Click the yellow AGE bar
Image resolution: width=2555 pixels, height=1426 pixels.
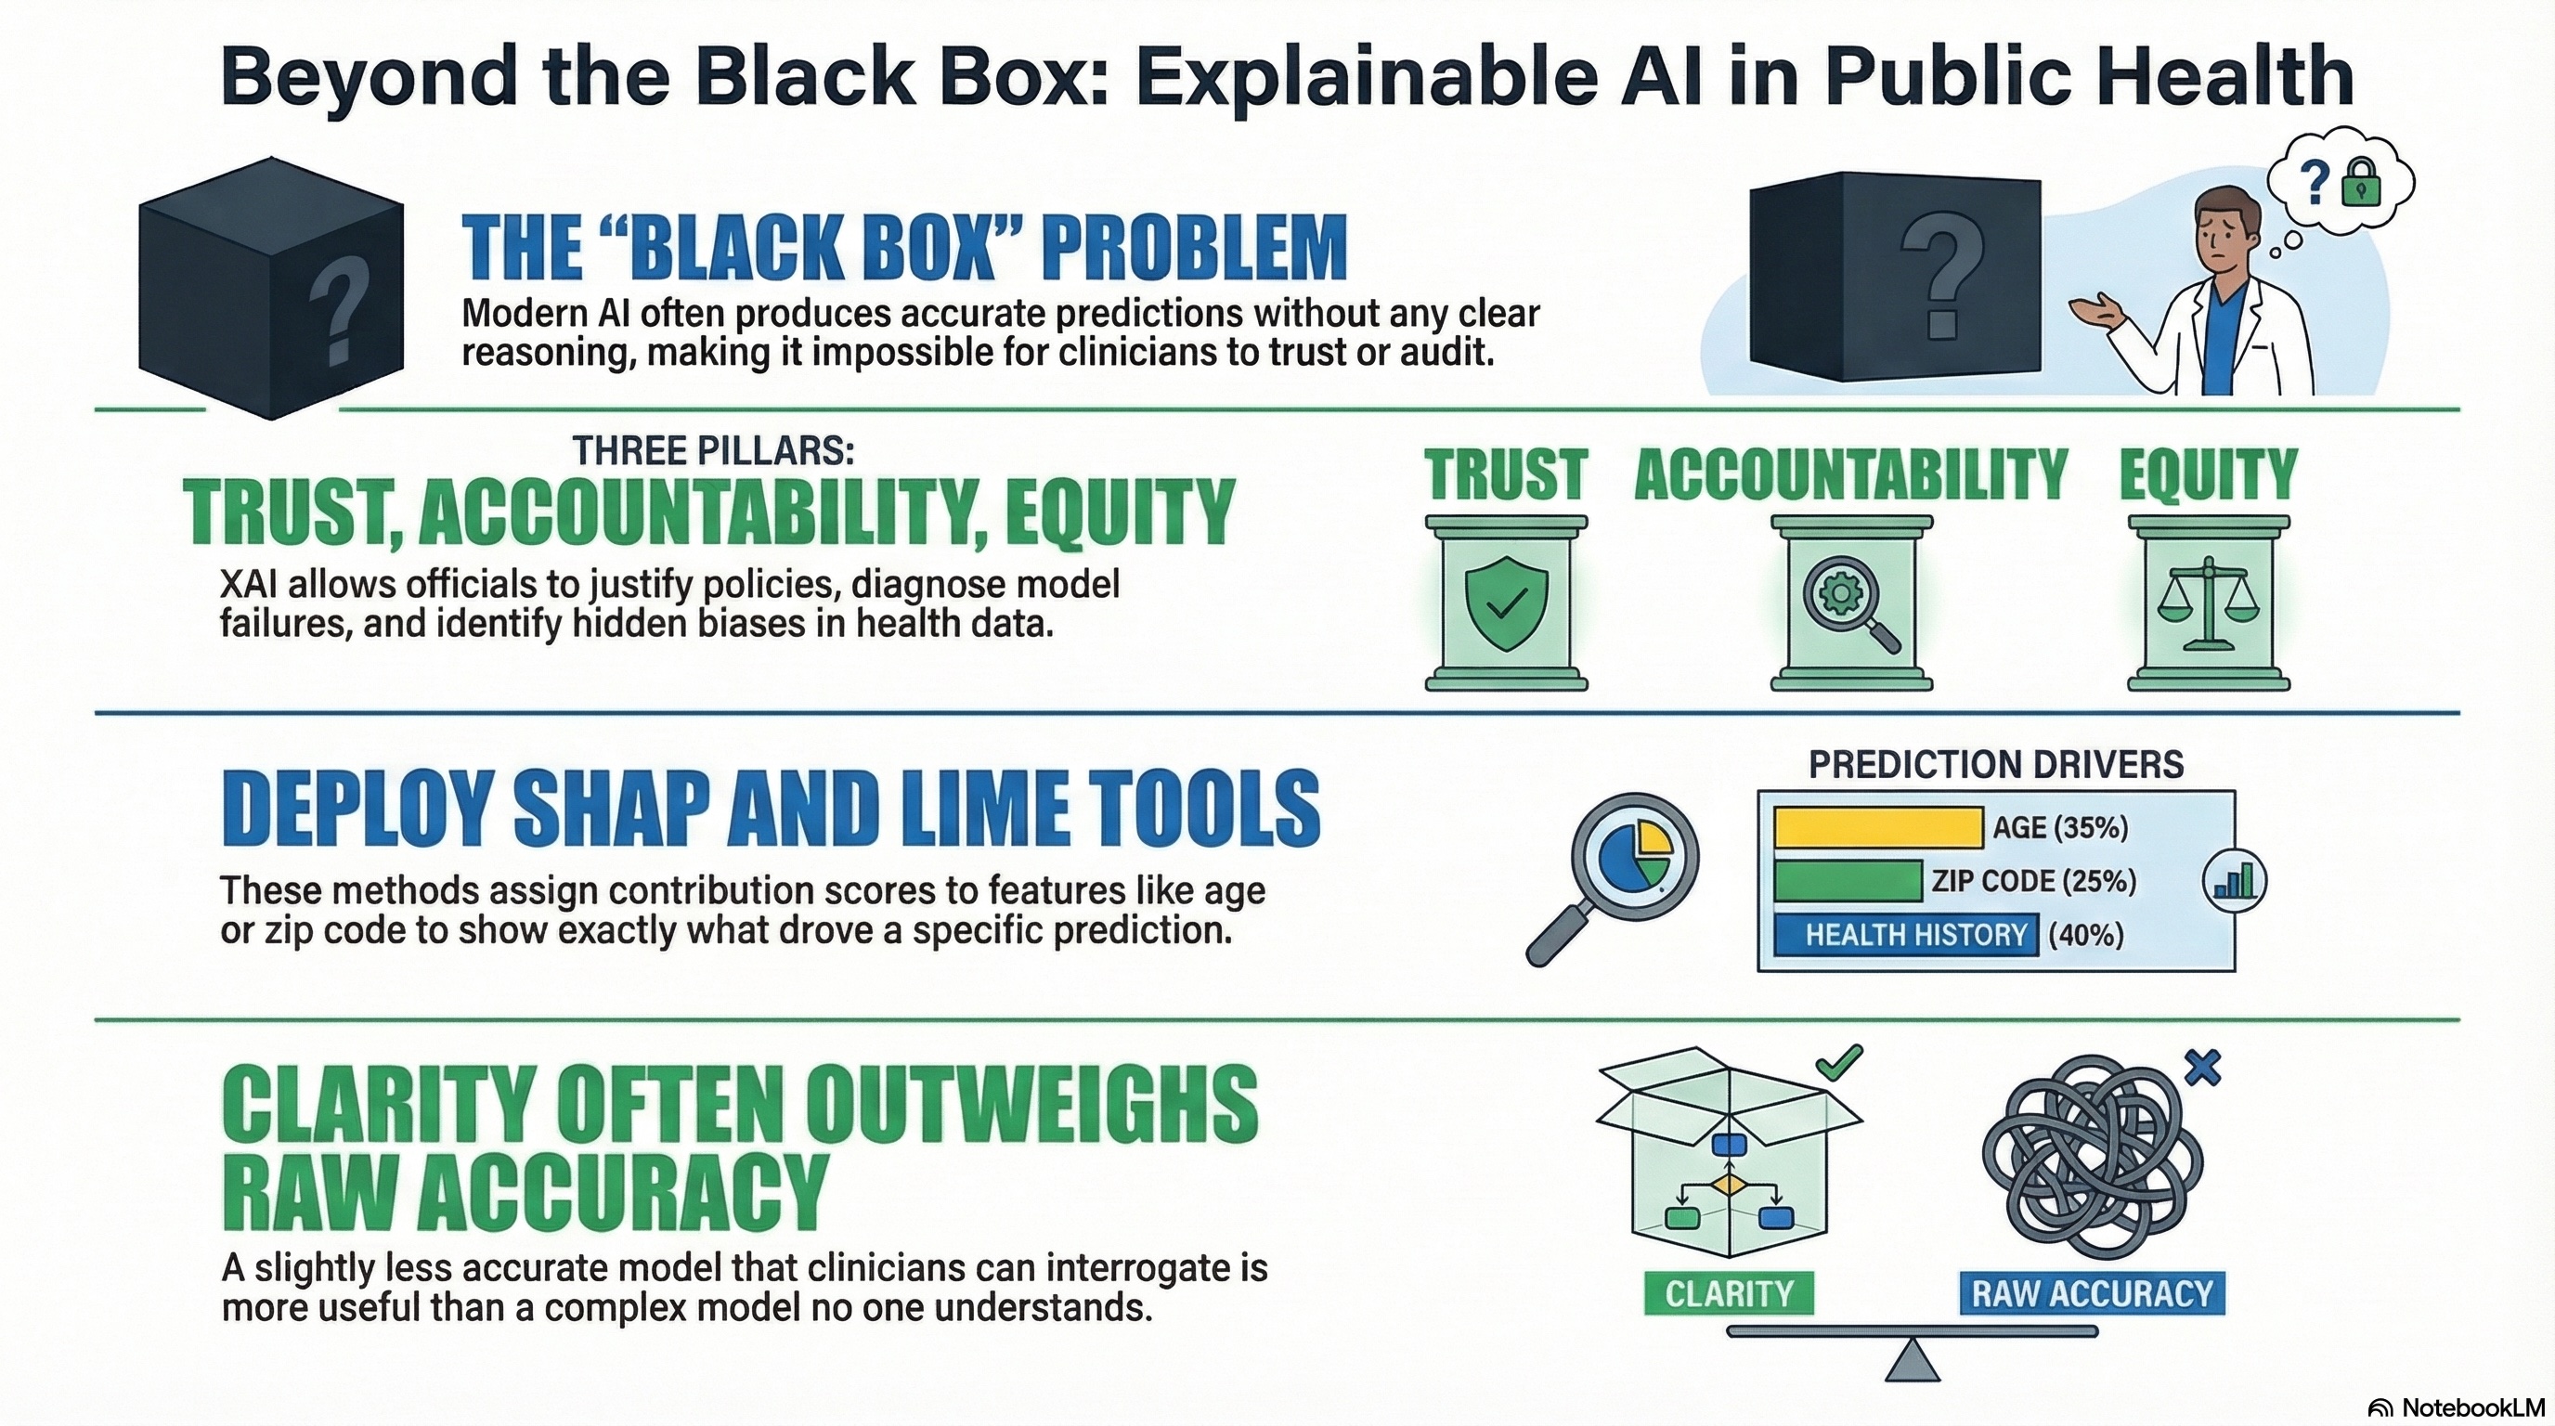click(1877, 827)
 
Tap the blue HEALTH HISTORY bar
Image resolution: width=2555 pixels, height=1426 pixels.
click(1904, 934)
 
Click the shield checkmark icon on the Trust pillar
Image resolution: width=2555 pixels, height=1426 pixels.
click(1506, 603)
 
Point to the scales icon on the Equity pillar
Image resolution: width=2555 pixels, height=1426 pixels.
click(2208, 605)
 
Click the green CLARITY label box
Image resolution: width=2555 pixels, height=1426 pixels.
click(1729, 1293)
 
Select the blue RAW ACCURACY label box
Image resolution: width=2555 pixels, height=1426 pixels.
click(2092, 1293)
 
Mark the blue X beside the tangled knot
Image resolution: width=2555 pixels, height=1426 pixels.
click(2203, 1068)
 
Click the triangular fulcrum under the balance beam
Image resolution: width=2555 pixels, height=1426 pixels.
click(1912, 1364)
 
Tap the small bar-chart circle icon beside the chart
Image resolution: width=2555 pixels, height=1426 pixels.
click(2234, 881)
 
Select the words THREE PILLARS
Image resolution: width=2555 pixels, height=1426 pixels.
click(713, 451)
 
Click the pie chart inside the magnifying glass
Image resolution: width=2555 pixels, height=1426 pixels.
click(1637, 856)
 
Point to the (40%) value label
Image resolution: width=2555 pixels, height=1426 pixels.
click(2085, 934)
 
